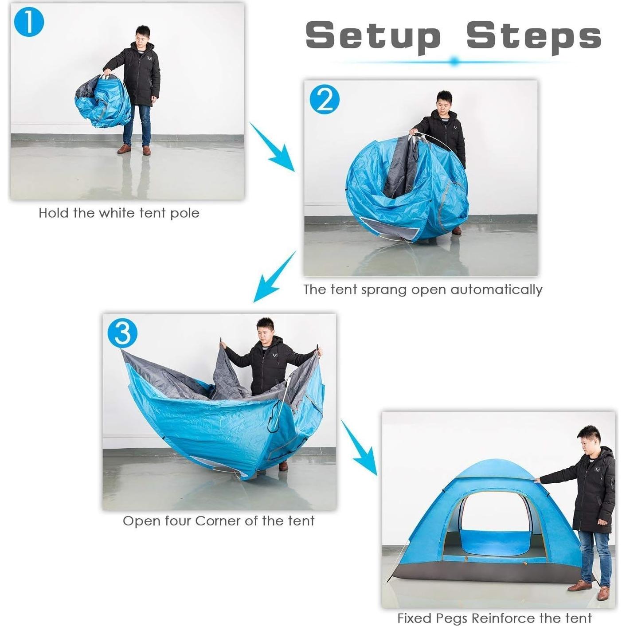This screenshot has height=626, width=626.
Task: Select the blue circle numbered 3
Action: click(x=122, y=333)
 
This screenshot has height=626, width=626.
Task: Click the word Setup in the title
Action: click(x=373, y=35)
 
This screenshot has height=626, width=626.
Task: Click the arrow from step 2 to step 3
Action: click(x=274, y=277)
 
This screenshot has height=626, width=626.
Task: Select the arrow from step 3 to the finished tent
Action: click(x=359, y=448)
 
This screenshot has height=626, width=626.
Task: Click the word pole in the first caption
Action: click(x=185, y=213)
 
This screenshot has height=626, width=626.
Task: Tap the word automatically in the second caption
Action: click(x=496, y=290)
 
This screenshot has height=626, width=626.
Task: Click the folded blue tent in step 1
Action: click(x=103, y=101)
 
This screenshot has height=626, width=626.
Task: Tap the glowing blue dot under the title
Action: click(x=454, y=62)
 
